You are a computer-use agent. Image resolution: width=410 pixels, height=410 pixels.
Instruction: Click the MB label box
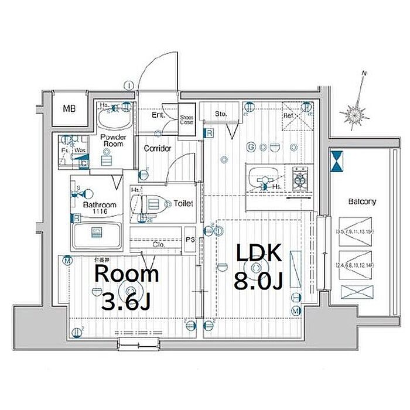(69, 109)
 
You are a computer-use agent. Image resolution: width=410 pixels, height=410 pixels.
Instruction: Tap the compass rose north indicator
(357, 113)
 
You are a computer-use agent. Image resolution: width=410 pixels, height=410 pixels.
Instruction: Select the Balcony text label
(362, 201)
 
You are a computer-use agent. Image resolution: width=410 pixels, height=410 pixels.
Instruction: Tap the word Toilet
(183, 203)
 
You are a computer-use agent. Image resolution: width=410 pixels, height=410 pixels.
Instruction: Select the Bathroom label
(100, 205)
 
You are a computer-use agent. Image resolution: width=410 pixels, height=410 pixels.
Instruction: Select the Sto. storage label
(221, 113)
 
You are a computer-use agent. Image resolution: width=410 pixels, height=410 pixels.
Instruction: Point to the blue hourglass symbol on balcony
(337, 162)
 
